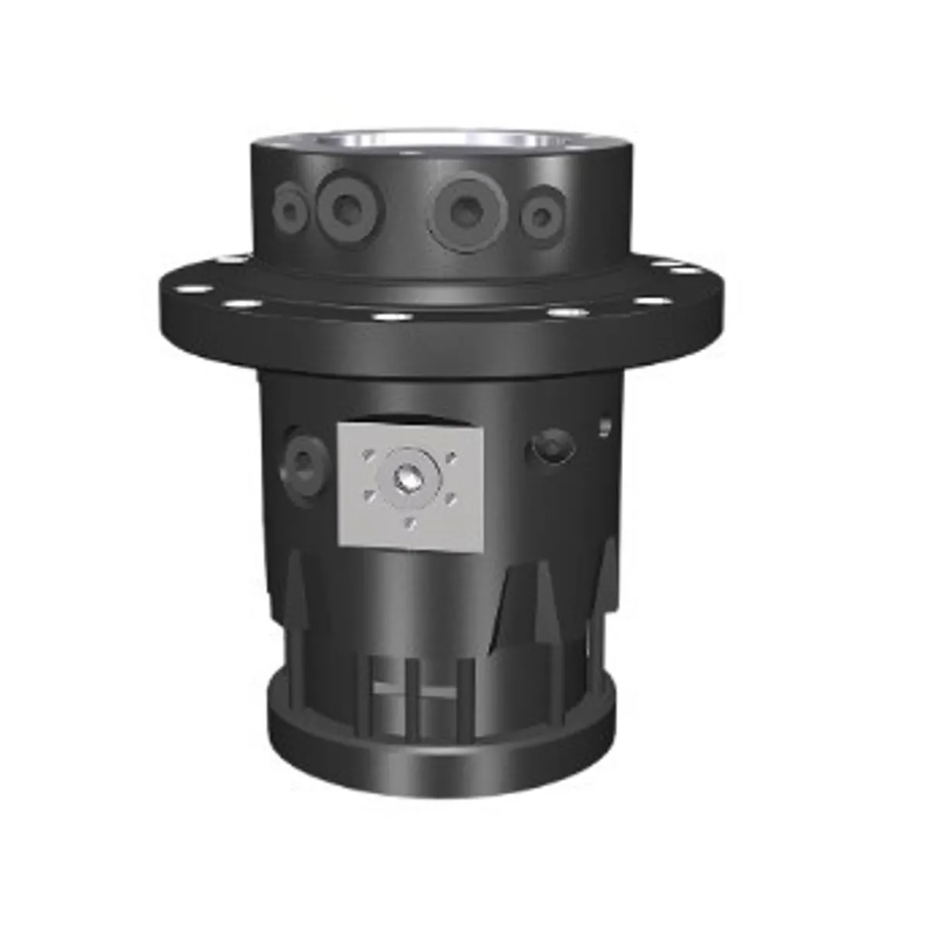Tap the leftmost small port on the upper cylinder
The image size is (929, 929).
(291, 205)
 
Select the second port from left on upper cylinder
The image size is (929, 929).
(345, 206)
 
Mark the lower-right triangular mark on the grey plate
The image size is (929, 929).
(449, 502)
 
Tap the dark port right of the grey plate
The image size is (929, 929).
(552, 447)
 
